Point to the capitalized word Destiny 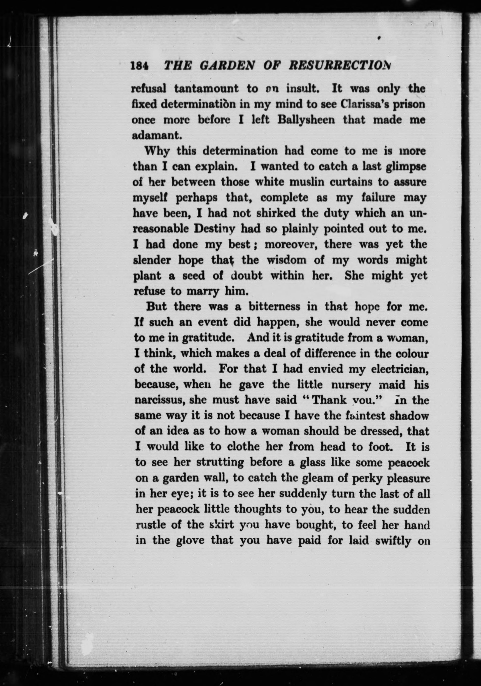point(215,229)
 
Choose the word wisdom point(286,260)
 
